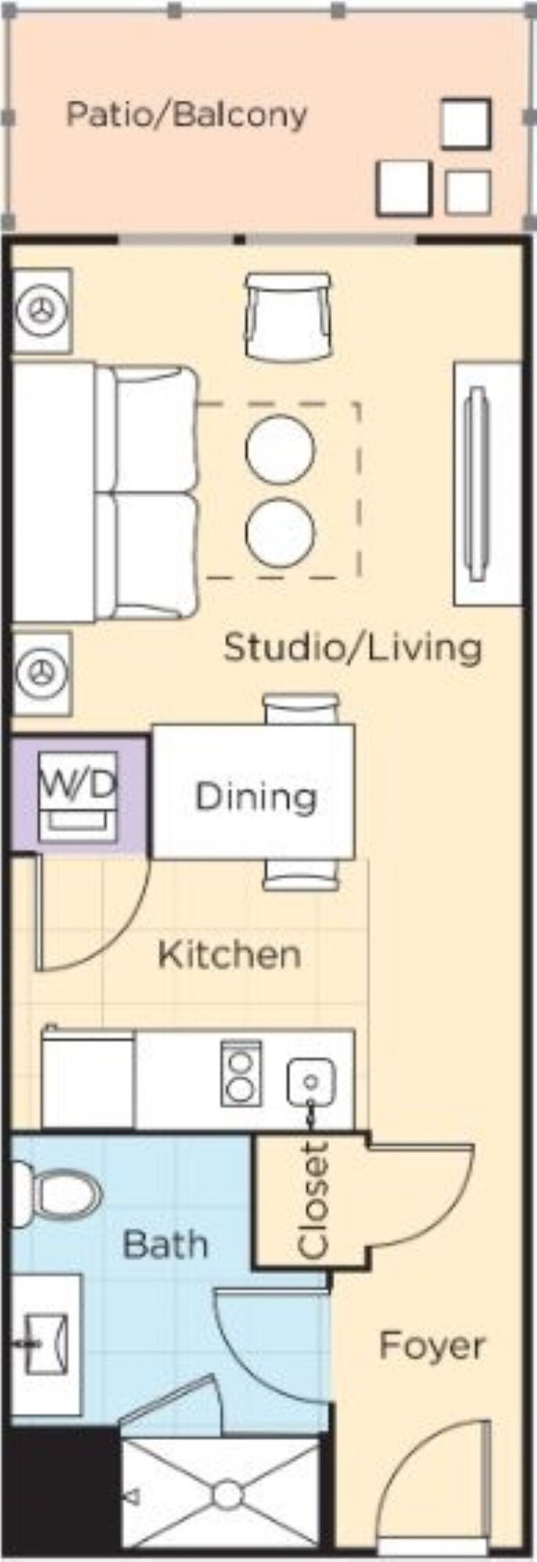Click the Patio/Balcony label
tap(186, 115)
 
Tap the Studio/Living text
tap(353, 647)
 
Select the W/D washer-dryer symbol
tap(78, 796)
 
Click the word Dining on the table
tap(256, 797)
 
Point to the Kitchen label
tap(229, 954)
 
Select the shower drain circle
tap(227, 1492)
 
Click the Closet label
tap(313, 1200)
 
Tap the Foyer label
tap(431, 1346)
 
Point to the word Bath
tap(166, 1243)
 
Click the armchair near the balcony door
tap(288, 316)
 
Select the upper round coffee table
tap(280, 449)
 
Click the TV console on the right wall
tap(488, 483)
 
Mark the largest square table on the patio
tap(404, 188)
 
